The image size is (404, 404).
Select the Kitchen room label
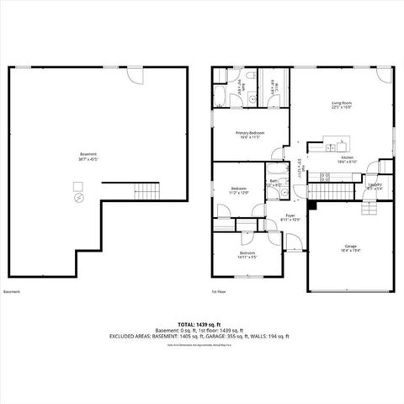pyautogui.click(x=347, y=160)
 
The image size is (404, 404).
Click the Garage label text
pyautogui.click(x=349, y=248)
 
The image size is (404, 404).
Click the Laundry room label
pyautogui.click(x=375, y=187)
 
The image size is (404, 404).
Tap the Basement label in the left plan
pyautogui.click(x=88, y=156)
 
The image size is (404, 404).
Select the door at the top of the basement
pyautogui.click(x=135, y=75)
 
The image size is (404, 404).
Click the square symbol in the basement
pyautogui.click(x=77, y=186)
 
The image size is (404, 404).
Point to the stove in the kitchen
pyautogui.click(x=324, y=177)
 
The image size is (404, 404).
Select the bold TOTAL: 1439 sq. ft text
pyautogui.click(x=202, y=324)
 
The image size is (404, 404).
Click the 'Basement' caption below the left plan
pyautogui.click(x=12, y=292)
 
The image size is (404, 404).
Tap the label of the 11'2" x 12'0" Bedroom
pyautogui.click(x=240, y=190)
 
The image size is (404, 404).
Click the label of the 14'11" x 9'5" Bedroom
pyautogui.click(x=247, y=254)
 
